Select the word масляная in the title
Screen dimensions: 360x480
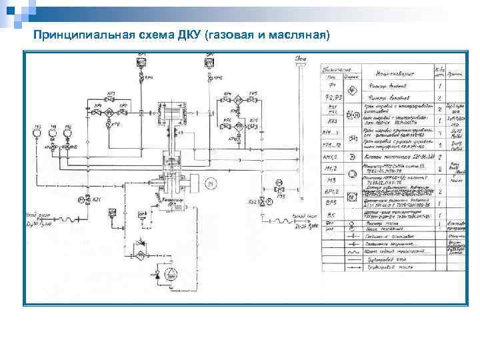pos(299,34)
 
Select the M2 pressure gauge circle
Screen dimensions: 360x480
pos(67,133)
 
